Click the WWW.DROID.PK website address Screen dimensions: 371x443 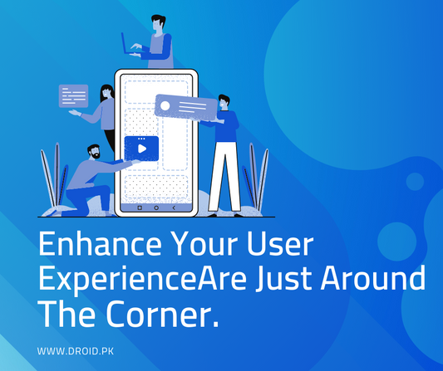[74, 352]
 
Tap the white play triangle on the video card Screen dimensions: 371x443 [142, 149]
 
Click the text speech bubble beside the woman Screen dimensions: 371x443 [72, 95]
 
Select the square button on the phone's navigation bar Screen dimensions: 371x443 [139, 207]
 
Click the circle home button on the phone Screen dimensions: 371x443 [155, 207]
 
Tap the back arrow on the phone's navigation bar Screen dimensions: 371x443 [174, 207]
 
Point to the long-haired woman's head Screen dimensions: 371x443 [106, 91]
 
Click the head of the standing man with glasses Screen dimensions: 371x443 [224, 103]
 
